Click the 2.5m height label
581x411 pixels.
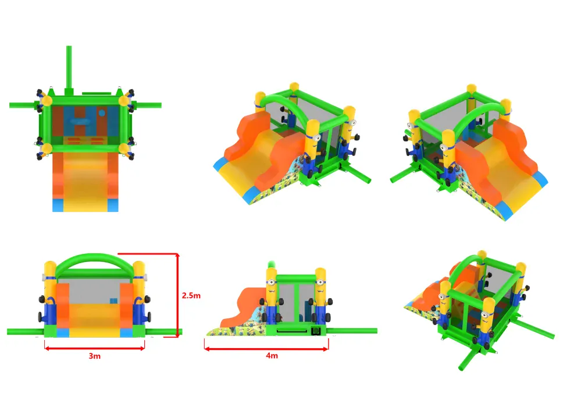tap(191, 296)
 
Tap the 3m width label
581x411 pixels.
tap(94, 356)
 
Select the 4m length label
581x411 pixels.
tap(272, 355)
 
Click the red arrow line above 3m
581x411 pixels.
tap(94, 348)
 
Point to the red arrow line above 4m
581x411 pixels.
tap(266, 349)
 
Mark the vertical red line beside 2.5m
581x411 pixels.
tap(178, 295)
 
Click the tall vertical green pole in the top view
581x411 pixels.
tap(69, 69)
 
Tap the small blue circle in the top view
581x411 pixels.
tap(102, 113)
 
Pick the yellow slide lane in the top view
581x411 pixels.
tap(85, 182)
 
